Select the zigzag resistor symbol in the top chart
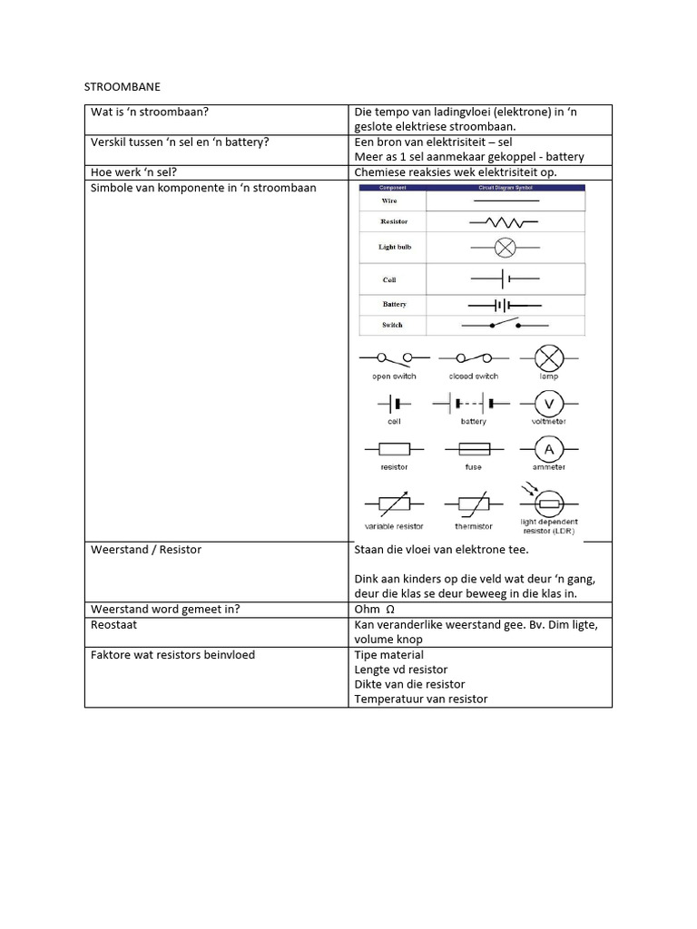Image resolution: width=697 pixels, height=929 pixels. click(x=504, y=221)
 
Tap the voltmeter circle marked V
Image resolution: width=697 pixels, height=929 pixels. click(x=548, y=402)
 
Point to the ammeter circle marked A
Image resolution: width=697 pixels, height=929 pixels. click(x=548, y=448)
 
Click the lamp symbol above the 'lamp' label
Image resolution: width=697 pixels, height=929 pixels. click(x=548, y=357)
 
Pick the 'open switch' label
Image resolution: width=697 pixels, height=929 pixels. click(x=394, y=376)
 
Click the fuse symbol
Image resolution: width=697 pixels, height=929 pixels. click(x=473, y=448)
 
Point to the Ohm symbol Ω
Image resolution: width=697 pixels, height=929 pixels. click(x=391, y=610)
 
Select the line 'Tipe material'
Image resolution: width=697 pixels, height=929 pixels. click(x=388, y=655)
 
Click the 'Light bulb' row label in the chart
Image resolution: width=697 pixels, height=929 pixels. click(x=395, y=247)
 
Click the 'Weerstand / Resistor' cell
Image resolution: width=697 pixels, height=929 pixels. click(x=146, y=550)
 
